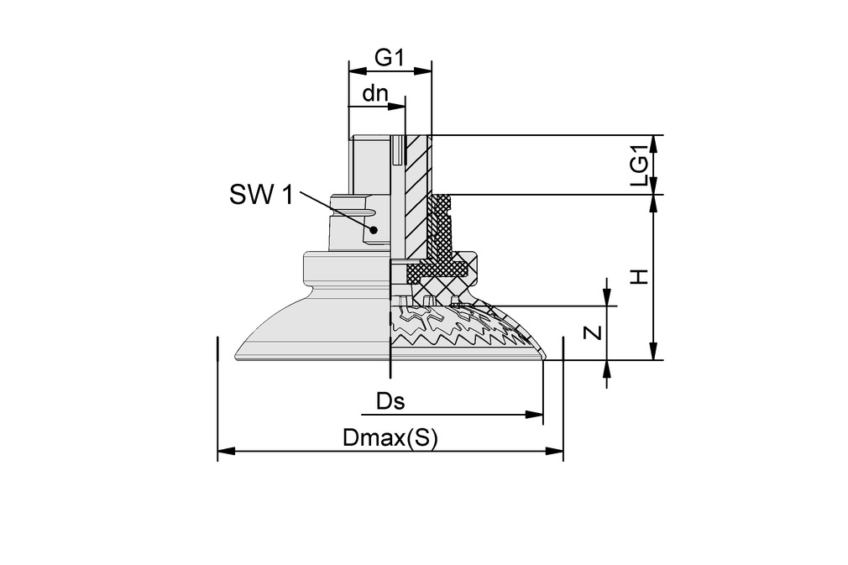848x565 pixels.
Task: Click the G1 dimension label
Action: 390,58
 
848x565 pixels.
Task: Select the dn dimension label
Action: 374,92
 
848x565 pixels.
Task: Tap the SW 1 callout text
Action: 261,196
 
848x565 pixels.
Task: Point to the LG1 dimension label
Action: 640,165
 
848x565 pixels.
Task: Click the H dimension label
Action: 640,276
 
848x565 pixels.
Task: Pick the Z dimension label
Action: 593,332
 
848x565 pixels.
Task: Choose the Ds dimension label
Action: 390,401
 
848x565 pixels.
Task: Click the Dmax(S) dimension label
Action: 390,438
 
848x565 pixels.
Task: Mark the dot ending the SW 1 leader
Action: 376,229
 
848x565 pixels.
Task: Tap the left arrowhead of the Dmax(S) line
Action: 224,452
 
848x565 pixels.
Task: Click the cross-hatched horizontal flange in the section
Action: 437,269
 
